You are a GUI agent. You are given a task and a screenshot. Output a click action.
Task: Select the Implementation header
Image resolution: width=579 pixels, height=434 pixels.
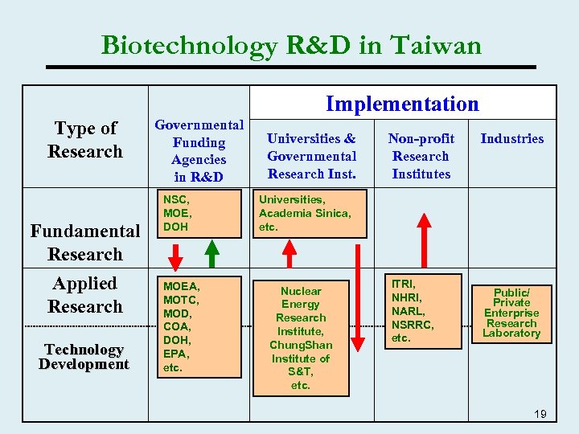(402, 104)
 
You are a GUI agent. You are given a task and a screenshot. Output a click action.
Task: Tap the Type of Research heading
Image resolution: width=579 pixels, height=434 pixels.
(85, 140)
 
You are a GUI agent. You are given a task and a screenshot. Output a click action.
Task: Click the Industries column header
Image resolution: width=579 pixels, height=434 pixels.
(511, 138)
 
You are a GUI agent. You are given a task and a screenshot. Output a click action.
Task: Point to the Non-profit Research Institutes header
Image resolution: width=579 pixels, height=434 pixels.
(421, 156)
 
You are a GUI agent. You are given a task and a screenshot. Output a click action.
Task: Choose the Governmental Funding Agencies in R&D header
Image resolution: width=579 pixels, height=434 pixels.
(199, 150)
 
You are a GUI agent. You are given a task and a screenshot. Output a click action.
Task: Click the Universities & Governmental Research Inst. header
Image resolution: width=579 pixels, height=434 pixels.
(311, 156)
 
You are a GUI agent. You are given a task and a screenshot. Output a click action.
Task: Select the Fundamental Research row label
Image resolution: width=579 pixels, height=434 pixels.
(84, 242)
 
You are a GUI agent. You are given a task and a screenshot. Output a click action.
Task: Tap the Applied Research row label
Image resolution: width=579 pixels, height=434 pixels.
(84, 294)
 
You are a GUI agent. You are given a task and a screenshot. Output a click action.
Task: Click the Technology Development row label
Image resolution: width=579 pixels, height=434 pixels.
(84, 356)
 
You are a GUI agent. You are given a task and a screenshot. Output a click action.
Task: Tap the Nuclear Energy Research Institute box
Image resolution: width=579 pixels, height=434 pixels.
(301, 338)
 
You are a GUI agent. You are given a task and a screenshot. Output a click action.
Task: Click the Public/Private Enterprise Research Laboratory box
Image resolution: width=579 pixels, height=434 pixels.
(511, 312)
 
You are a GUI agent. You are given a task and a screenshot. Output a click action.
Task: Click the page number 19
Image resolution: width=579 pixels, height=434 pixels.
(540, 414)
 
